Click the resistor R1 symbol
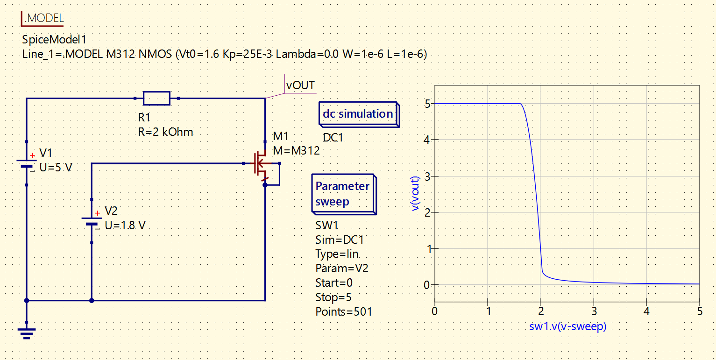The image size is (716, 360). tap(156, 99)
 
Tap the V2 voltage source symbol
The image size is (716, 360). tap(92, 220)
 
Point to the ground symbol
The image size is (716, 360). tap(27, 332)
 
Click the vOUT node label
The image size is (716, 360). tap(300, 86)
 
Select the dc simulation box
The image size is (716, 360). tap(358, 114)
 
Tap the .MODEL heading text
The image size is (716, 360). tap(43, 18)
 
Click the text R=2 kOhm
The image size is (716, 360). tap(165, 132)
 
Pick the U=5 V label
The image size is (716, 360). tap(56, 168)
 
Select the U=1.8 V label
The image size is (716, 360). tap(125, 225)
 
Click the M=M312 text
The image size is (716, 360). tap(296, 150)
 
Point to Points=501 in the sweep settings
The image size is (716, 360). tap(344, 311)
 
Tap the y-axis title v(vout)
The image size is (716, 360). tap(415, 193)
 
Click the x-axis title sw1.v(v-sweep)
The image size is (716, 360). tap(567, 327)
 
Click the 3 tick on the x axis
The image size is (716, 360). tap(593, 311)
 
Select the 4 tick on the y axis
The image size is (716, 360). tap(427, 140)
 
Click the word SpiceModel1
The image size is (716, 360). tap(54, 40)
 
